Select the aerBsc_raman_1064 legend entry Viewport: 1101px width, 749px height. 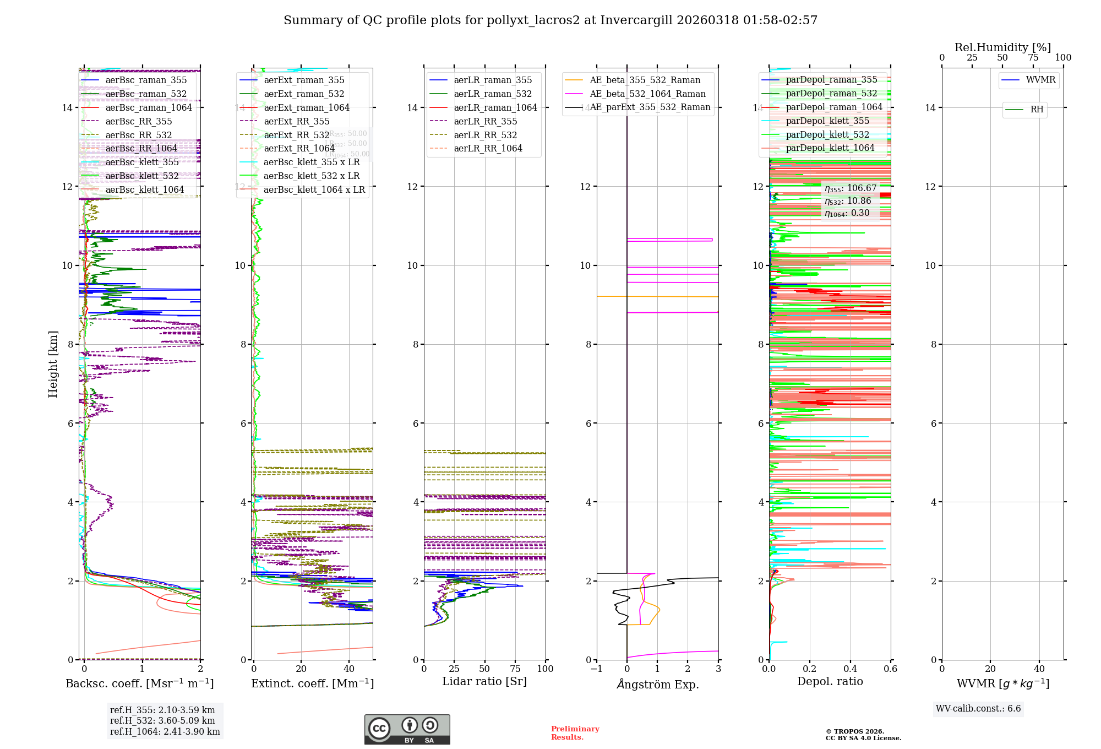click(x=149, y=107)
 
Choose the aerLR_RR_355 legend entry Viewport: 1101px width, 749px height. click(x=485, y=121)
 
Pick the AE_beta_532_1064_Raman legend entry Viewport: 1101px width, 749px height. click(x=647, y=94)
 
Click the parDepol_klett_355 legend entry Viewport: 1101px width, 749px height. click(x=827, y=121)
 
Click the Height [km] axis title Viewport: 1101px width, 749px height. click(x=53, y=364)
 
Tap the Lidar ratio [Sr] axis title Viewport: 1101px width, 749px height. click(x=484, y=681)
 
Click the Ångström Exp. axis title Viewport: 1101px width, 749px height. click(x=658, y=684)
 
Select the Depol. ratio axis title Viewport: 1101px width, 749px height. click(x=830, y=681)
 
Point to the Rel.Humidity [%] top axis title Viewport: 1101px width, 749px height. click(x=1003, y=47)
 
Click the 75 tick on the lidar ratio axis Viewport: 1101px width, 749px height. click(x=515, y=669)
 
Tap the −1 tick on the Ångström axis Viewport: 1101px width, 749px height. click(x=596, y=669)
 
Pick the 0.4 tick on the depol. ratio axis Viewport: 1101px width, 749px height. click(x=850, y=669)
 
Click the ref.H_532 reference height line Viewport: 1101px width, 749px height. click(x=162, y=720)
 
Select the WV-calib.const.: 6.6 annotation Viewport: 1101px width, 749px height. click(x=978, y=709)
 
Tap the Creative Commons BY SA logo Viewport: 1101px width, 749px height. click(x=407, y=730)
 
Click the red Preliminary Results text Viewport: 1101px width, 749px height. click(x=575, y=733)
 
